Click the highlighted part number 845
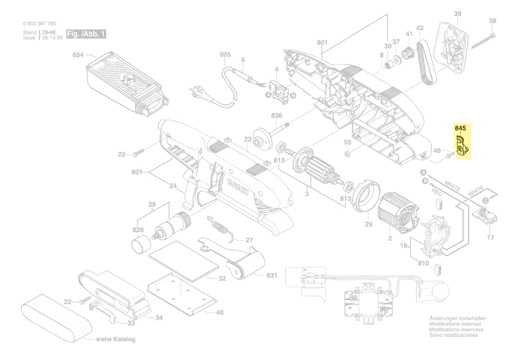[460, 129]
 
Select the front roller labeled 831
[246, 266]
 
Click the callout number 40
[220, 312]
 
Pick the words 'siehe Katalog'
[115, 340]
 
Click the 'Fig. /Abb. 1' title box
[86, 34]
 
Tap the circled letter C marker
[485, 200]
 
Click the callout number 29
[368, 224]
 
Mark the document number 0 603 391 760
[39, 24]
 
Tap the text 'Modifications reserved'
[455, 324]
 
